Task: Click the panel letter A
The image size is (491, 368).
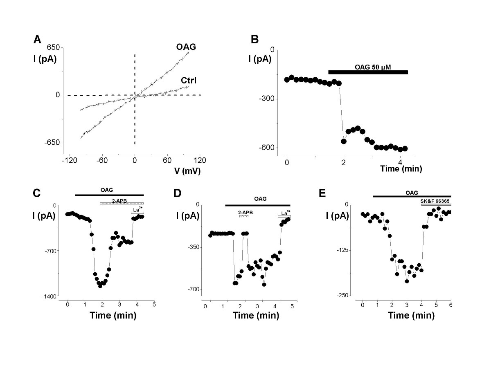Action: pos(37,40)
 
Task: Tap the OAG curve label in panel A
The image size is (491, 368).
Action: pos(186,47)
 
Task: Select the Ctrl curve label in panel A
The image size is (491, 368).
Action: pos(189,81)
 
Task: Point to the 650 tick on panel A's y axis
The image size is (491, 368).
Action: pos(53,47)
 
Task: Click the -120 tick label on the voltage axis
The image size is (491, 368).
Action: pos(70,160)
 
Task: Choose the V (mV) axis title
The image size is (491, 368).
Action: pos(187,171)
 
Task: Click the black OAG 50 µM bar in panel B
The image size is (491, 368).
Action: pos(368,72)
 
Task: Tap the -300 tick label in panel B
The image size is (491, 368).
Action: pos(267,99)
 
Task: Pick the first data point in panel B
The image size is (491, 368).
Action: pos(287,80)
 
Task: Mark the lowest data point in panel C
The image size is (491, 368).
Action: pos(100,286)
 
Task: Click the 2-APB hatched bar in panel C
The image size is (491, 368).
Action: pos(122,203)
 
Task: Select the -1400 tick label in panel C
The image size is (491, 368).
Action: pos(49,297)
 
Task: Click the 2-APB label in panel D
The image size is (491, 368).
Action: pos(245,213)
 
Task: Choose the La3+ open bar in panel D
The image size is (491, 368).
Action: pos(284,216)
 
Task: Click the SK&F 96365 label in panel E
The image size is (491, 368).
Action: pos(435,201)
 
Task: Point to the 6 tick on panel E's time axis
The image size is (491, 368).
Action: pos(451,305)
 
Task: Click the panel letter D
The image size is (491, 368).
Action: pos(178,193)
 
